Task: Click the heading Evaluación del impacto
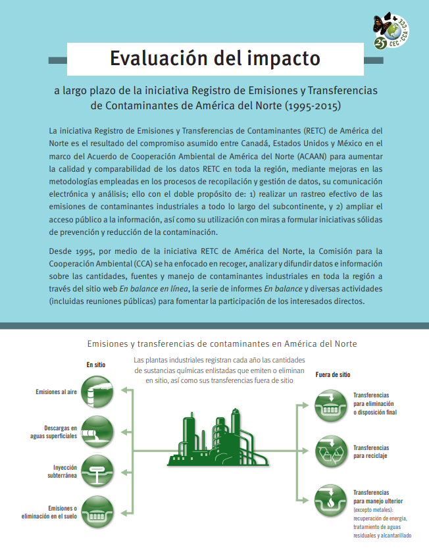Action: coord(215,59)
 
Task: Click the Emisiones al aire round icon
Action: coord(97,391)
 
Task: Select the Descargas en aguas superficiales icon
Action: coord(97,431)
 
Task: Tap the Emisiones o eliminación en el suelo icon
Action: coord(97,511)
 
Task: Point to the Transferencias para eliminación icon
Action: coord(331,405)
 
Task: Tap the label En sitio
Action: coord(95,364)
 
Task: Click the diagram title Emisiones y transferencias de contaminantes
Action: coord(222,343)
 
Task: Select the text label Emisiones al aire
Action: coord(56,392)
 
